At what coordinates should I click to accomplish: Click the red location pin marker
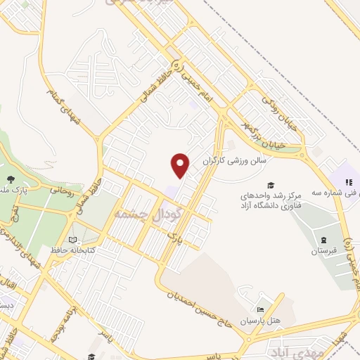coord(181,165)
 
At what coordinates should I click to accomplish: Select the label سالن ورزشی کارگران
coord(236,160)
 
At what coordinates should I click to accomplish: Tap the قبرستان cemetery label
coord(324,250)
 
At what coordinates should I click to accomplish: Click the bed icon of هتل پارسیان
coord(260,310)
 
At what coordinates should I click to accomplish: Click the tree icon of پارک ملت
coord(11,178)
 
